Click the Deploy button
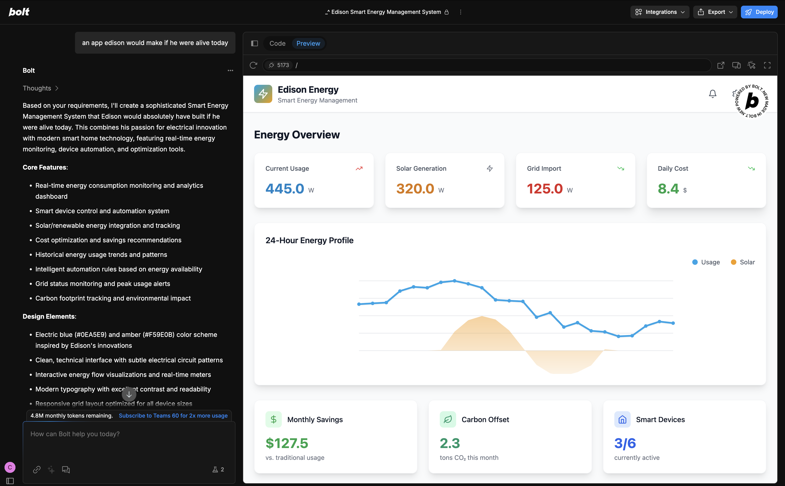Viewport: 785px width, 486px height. pos(759,12)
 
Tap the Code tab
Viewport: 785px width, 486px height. pos(277,43)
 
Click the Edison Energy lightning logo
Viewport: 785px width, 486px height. pos(263,94)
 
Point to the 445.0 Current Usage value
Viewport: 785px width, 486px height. pos(285,189)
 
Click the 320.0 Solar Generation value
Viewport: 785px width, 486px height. pos(415,189)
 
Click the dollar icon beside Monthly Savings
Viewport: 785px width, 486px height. pos(273,419)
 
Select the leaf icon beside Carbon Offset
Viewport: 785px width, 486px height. pos(447,419)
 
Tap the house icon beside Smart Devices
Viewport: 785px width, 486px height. pos(622,419)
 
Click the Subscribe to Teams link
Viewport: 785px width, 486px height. pos(173,416)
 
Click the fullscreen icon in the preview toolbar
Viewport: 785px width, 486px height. pos(767,65)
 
